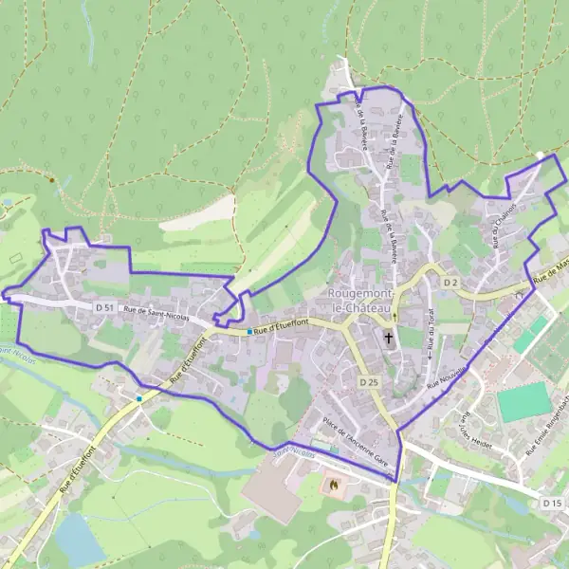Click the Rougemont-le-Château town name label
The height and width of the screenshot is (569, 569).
tap(360, 301)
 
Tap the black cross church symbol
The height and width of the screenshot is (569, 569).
tap(388, 337)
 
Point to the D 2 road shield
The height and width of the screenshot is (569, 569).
tap(450, 284)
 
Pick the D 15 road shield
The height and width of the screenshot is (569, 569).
tap(552, 501)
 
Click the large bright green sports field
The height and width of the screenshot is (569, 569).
tap(523, 402)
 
